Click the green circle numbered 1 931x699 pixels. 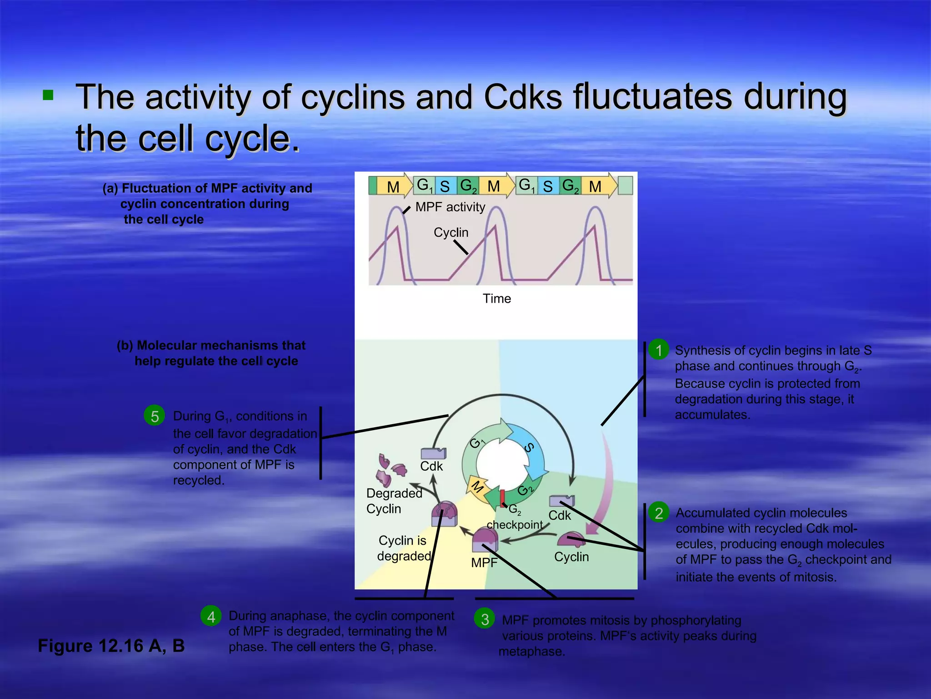[x=659, y=350]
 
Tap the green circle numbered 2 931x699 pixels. [x=659, y=513]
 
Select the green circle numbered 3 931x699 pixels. [x=485, y=619]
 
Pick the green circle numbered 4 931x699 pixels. [x=211, y=617]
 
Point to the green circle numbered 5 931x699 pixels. [x=155, y=416]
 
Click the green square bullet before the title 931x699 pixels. [x=48, y=95]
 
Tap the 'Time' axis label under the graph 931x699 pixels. [x=496, y=299]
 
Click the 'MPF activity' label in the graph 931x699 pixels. [x=450, y=207]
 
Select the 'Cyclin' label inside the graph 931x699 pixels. [x=450, y=233]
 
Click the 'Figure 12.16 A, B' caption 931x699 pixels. [x=111, y=646]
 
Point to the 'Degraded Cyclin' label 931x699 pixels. [x=394, y=501]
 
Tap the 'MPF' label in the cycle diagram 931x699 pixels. [x=484, y=563]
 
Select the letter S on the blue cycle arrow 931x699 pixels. [x=529, y=448]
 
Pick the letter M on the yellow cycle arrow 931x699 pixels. [x=477, y=487]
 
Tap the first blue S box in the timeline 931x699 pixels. [x=445, y=186]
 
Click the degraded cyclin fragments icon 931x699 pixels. [x=390, y=469]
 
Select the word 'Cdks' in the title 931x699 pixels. [x=523, y=97]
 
